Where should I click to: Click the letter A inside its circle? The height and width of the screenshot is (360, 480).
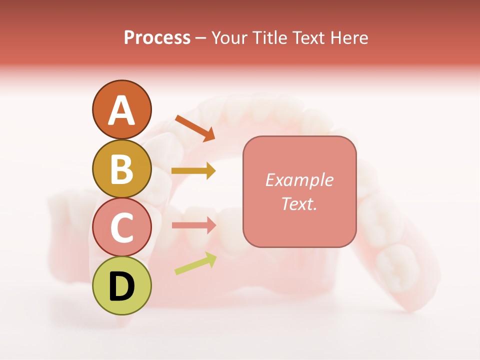(121, 110)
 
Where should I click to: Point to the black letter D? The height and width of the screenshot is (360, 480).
(121, 286)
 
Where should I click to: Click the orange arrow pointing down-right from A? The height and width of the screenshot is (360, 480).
(195, 127)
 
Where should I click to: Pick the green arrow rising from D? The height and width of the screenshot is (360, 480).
(195, 263)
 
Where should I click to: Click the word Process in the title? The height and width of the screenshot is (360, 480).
(157, 37)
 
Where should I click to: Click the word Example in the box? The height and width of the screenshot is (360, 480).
(299, 180)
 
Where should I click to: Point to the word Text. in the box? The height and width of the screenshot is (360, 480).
(299, 203)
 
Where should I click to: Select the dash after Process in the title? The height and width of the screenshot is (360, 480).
(201, 38)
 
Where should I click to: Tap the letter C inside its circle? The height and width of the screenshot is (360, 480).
(121, 227)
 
